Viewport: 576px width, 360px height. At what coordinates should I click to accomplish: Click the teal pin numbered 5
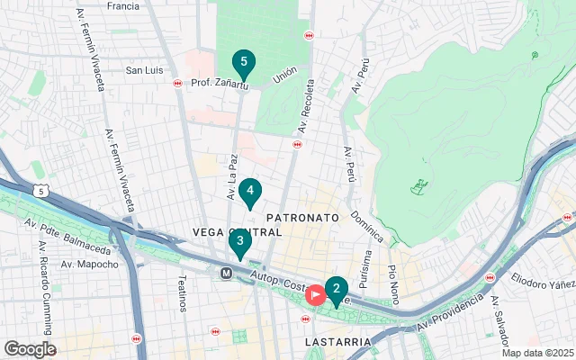point(242,63)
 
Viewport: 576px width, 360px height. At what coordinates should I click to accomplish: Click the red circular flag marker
point(316,295)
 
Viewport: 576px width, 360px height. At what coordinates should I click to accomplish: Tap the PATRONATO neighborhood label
point(302,218)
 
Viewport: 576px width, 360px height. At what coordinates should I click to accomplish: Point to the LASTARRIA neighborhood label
point(337,343)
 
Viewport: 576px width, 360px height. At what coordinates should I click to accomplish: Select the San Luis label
point(144,70)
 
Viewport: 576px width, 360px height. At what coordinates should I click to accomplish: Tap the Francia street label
point(122,6)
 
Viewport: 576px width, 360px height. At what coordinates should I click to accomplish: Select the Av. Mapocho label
point(89,265)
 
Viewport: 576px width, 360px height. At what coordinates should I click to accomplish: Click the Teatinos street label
point(183,293)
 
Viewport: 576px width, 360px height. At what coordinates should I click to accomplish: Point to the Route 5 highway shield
point(40,190)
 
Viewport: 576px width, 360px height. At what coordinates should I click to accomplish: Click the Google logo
point(30,349)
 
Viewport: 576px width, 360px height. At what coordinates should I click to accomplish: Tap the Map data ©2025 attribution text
point(536,353)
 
